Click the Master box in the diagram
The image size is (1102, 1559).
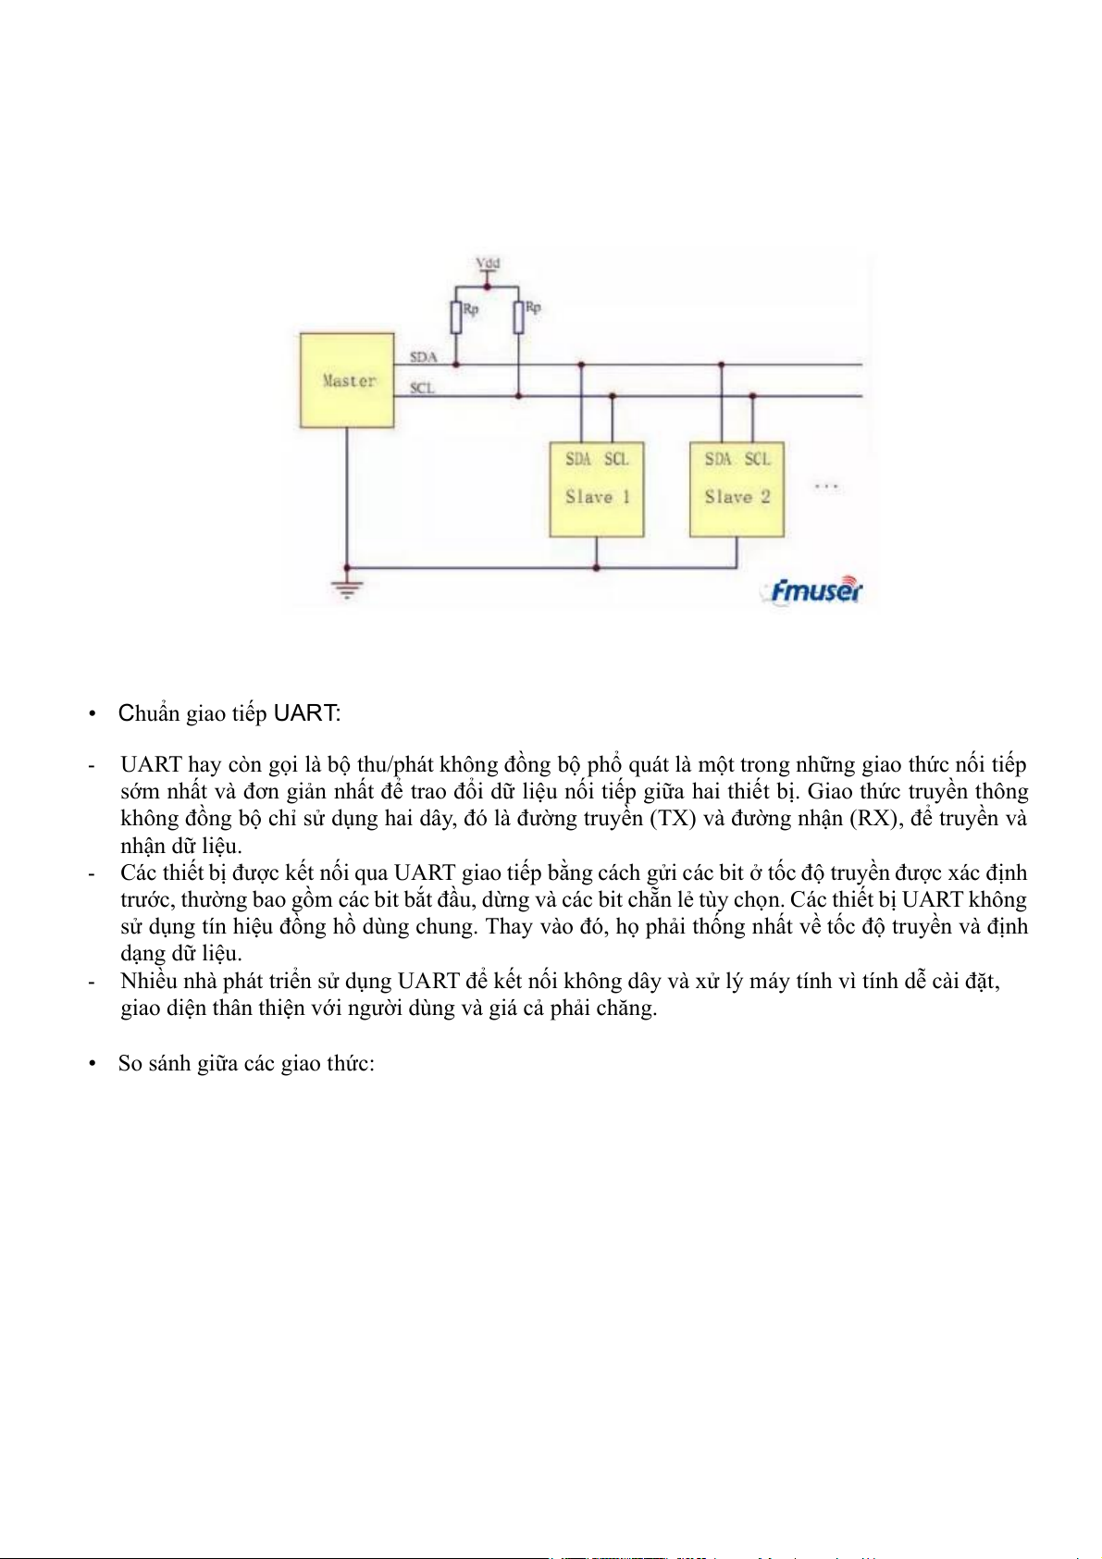(x=347, y=380)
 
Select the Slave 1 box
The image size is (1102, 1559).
(x=597, y=489)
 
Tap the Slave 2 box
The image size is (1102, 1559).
(x=737, y=489)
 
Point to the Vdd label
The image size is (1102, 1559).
(x=488, y=264)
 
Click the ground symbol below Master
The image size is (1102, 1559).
(x=347, y=588)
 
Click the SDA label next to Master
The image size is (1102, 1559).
(x=423, y=357)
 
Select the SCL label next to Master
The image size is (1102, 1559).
(x=422, y=389)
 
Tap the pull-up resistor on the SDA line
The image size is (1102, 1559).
(x=456, y=317)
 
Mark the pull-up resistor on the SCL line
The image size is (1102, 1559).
(x=519, y=317)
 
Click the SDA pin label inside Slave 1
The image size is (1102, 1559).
(x=578, y=459)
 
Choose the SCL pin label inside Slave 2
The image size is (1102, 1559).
(x=758, y=459)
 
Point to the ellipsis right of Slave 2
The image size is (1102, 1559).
(x=826, y=487)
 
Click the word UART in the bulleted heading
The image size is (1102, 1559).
(x=305, y=713)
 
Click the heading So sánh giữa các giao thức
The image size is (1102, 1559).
(x=246, y=1063)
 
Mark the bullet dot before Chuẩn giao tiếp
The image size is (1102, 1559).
(x=93, y=714)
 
